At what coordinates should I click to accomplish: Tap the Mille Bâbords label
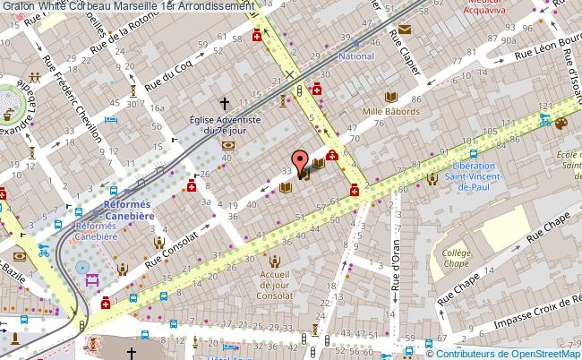[391, 112]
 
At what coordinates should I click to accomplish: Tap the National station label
[355, 56]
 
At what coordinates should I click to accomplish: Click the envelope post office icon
[405, 30]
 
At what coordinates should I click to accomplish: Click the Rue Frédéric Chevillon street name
[87, 107]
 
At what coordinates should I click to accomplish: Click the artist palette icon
[561, 124]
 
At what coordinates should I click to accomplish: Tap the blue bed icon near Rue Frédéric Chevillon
[112, 120]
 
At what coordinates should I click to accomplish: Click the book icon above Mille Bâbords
[390, 97]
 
